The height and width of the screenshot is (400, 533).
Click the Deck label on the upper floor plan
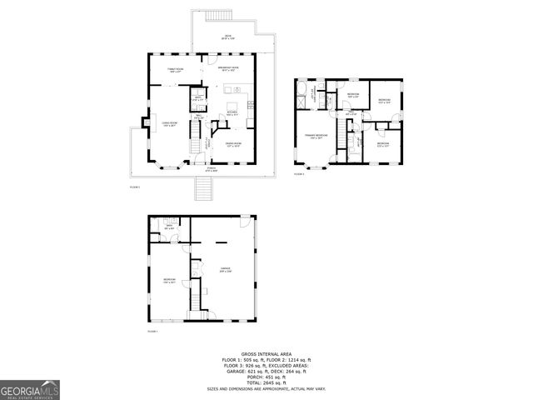(x=227, y=36)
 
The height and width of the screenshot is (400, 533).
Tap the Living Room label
(x=166, y=124)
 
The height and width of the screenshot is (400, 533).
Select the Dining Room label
(x=234, y=144)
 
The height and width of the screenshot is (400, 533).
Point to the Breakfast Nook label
(x=229, y=68)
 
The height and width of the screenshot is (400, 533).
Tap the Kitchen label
(x=234, y=114)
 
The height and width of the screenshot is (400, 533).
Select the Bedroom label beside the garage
(x=169, y=281)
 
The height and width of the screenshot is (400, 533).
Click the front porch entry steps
(x=203, y=190)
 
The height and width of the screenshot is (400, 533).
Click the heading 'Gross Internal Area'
(x=266, y=353)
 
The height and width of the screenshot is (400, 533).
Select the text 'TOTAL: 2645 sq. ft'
(x=266, y=382)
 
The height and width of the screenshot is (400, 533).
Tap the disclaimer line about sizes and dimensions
(x=266, y=389)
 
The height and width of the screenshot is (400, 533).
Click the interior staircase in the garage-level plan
(x=197, y=296)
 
